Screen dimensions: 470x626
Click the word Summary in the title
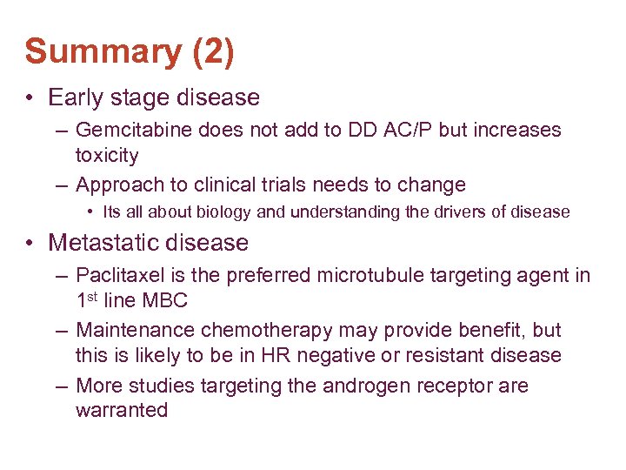pos(103,51)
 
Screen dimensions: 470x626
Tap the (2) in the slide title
pos(211,51)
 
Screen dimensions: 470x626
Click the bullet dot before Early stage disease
pos(30,97)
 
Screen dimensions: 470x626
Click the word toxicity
pos(107,155)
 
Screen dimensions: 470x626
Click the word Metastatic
pos(106,242)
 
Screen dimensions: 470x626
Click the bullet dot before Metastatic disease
pos(30,243)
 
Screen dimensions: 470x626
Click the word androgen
pos(362,386)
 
